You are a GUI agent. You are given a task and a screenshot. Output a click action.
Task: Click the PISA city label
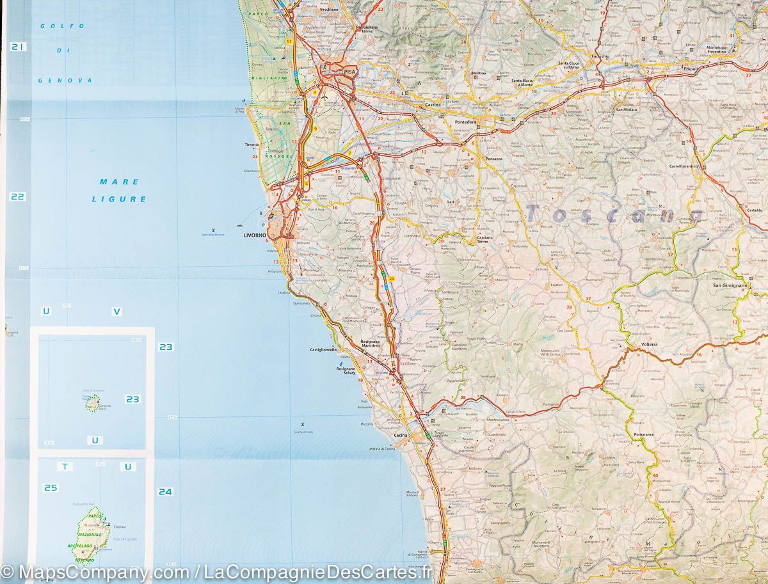click(x=349, y=72)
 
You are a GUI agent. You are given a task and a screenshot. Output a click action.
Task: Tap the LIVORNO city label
click(x=255, y=235)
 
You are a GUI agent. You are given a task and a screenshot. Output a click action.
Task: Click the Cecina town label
click(x=401, y=436)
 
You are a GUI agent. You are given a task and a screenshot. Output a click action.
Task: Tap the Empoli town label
click(x=691, y=69)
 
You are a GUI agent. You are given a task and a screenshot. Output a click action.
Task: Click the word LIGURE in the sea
click(x=119, y=199)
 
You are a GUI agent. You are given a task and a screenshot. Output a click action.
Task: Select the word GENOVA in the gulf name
click(x=65, y=81)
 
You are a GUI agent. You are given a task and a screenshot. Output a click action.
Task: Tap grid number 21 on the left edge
click(x=17, y=47)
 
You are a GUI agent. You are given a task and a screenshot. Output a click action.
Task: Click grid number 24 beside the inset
click(x=165, y=492)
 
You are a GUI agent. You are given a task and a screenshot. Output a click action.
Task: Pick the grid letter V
click(x=116, y=312)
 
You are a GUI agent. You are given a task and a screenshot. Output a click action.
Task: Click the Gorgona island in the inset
click(x=93, y=402)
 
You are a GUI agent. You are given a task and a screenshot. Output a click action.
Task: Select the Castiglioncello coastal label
click(x=323, y=350)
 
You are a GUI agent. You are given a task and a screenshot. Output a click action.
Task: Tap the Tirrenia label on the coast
click(x=252, y=145)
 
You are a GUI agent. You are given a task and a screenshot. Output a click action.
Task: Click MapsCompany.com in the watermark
click(x=102, y=571)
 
